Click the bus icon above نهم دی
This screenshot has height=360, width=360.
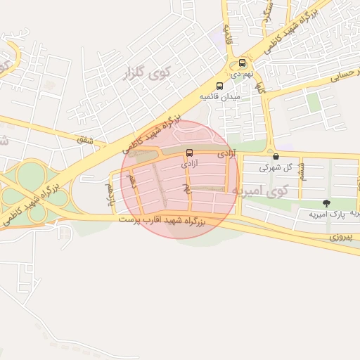point(243,63)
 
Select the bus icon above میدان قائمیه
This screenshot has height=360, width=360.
point(220,86)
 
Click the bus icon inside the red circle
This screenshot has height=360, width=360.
point(188,153)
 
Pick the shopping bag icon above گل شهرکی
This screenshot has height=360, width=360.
point(275,157)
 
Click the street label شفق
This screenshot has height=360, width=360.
point(86,140)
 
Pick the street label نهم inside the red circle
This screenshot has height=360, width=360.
point(186,188)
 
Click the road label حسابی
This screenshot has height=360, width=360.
point(337,80)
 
